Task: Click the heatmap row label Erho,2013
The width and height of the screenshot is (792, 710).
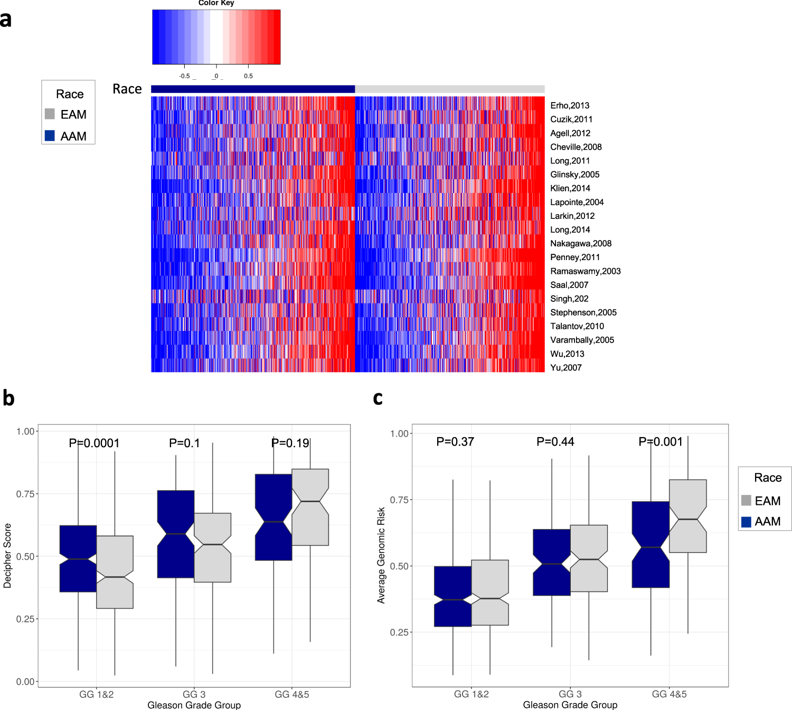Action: tap(570, 106)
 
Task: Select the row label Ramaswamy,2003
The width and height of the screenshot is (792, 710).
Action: tap(585, 271)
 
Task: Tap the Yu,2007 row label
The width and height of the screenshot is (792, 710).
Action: tap(565, 367)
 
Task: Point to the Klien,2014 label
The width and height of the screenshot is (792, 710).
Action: tap(570, 188)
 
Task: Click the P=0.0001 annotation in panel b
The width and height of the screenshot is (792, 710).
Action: tap(94, 443)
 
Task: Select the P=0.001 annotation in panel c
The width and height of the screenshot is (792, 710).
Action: tap(660, 441)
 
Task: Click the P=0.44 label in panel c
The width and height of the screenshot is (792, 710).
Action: tap(555, 441)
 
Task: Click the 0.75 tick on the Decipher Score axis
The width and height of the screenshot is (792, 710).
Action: tap(25, 494)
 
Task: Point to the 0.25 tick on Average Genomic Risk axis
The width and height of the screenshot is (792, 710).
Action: tap(400, 632)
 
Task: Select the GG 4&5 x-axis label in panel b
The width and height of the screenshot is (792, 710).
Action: tap(291, 694)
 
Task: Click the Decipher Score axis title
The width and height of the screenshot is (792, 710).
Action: tap(7, 555)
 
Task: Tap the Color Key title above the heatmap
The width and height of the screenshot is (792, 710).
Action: tap(216, 3)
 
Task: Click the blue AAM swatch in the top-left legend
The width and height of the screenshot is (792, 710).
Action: tap(50, 136)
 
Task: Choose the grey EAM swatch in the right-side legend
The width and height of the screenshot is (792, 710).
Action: tap(746, 501)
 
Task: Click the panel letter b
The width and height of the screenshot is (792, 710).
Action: tap(8, 398)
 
